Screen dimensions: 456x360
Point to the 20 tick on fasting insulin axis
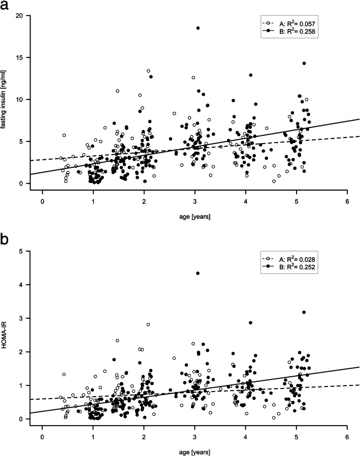click(21, 15)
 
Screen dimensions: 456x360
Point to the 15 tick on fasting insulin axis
click(21, 57)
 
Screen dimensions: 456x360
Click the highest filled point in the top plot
click(198, 28)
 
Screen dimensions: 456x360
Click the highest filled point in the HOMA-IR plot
click(198, 273)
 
